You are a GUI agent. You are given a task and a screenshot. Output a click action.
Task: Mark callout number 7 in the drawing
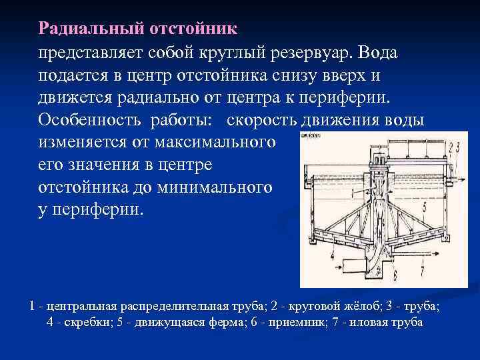point(422,271)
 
